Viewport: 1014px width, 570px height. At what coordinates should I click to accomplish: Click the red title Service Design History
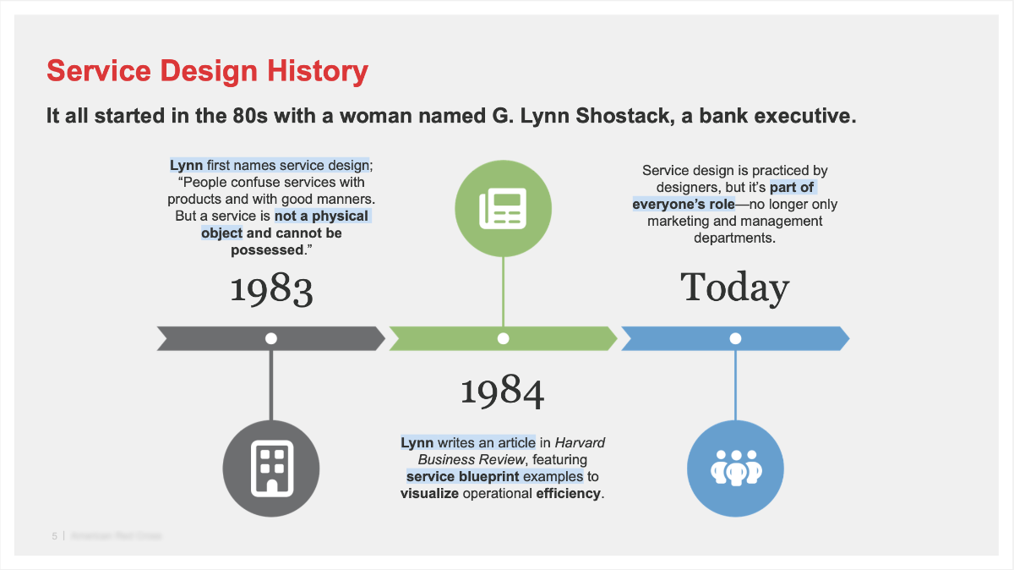click(x=207, y=71)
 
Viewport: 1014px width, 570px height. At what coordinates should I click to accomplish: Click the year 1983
click(x=271, y=290)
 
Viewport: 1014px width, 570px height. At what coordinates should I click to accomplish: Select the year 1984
click(x=503, y=391)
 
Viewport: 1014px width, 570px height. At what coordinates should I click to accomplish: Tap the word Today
click(x=734, y=288)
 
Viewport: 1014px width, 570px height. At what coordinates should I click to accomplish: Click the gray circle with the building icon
click(x=270, y=467)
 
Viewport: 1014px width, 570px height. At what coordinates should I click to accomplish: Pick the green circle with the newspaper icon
click(x=503, y=208)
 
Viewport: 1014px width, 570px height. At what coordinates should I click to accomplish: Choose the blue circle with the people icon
click(x=735, y=467)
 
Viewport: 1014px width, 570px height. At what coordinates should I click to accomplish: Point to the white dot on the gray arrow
click(x=271, y=338)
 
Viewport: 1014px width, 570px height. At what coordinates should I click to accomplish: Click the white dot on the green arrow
click(x=504, y=338)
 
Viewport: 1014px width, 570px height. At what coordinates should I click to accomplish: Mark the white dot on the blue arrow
click(x=735, y=338)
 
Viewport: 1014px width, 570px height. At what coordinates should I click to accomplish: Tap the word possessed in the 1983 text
click(x=266, y=250)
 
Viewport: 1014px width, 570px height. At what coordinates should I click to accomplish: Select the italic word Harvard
click(x=580, y=442)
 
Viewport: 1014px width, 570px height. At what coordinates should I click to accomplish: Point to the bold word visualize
click(x=429, y=493)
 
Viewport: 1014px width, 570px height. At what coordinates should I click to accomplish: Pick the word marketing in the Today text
click(x=679, y=221)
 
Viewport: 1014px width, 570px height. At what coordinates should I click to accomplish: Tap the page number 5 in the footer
click(x=54, y=536)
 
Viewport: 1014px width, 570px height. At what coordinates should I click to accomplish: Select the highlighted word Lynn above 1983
click(x=186, y=165)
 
